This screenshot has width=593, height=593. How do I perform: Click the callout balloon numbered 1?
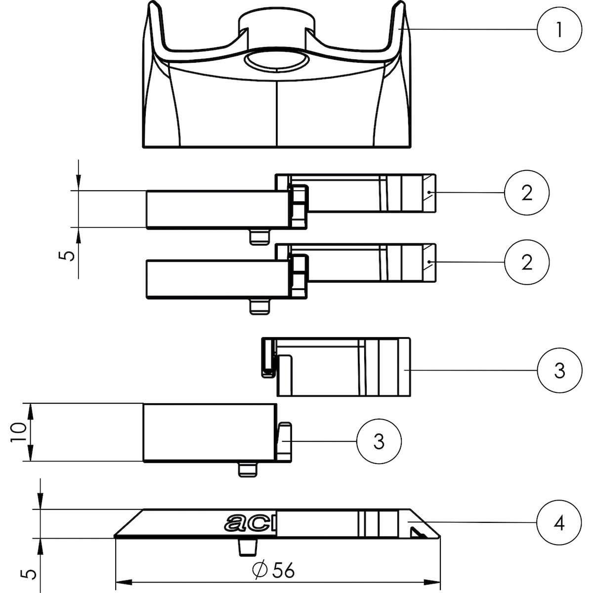[559, 30]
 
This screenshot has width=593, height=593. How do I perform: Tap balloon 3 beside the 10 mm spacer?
[379, 441]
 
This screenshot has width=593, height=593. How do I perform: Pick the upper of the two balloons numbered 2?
[526, 193]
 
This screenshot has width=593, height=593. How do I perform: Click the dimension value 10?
[18, 432]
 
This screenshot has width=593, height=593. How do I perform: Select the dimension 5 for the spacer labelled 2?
[66, 255]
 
